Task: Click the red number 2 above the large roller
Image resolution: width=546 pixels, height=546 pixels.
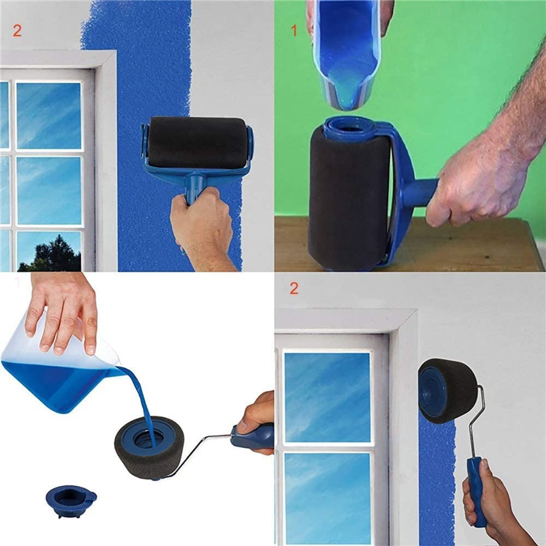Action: coord(17,31)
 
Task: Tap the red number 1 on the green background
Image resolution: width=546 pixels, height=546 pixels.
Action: coord(294,31)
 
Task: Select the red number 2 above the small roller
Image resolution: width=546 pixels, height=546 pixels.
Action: coord(294,288)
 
